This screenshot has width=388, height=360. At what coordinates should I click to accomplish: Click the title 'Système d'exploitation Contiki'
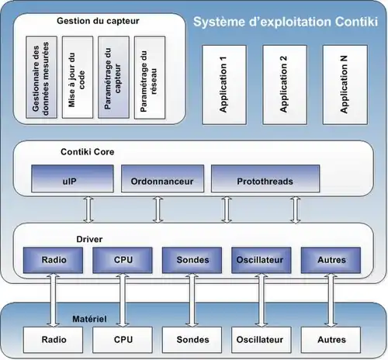286,22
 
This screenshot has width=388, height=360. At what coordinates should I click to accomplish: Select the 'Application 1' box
224,85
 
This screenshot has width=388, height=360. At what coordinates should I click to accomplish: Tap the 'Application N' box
345,85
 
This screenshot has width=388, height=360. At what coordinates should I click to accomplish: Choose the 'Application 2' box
285,85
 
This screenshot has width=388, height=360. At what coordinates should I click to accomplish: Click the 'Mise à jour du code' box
78,78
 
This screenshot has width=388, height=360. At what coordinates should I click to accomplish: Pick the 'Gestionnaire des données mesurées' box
41,78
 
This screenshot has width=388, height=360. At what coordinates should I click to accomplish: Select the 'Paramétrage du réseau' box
150,78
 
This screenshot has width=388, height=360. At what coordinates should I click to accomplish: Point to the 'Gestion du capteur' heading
98,21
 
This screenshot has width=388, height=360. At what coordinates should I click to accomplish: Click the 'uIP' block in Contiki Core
72,178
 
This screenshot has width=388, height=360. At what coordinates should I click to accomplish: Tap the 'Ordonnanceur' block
162,178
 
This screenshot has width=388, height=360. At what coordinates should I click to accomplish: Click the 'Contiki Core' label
88,152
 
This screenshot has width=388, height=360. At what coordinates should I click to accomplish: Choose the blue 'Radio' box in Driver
53,260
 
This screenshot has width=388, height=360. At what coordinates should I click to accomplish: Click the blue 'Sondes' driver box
192,260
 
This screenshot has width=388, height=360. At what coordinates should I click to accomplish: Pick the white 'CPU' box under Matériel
123,340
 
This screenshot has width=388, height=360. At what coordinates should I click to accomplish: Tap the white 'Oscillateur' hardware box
262,340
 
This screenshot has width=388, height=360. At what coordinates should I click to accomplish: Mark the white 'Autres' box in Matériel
331,340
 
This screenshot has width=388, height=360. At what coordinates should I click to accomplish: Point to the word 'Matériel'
89,319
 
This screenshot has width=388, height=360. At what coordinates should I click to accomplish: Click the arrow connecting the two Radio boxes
53,300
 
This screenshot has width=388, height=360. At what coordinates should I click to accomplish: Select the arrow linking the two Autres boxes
331,300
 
